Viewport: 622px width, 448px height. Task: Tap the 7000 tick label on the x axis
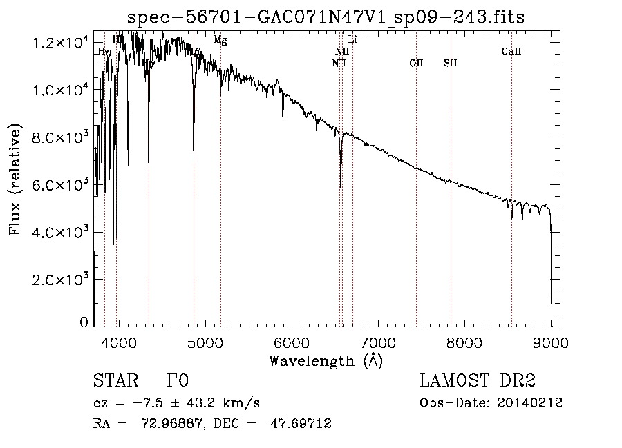(378, 341)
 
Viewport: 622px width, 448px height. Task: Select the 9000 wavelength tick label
(551, 341)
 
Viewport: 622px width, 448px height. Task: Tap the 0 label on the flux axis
(84, 322)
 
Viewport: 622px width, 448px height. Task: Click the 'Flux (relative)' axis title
(15, 180)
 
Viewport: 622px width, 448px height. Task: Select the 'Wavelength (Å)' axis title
(326, 360)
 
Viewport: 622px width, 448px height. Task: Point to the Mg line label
(220, 40)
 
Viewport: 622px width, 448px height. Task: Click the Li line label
(352, 39)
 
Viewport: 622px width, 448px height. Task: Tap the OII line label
(416, 63)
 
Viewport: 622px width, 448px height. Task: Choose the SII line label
(451, 63)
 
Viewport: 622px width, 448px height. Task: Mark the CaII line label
(511, 51)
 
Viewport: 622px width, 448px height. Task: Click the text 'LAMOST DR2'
(478, 382)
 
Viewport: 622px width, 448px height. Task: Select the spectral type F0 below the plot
(178, 382)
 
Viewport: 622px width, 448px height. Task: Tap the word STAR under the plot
(115, 382)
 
